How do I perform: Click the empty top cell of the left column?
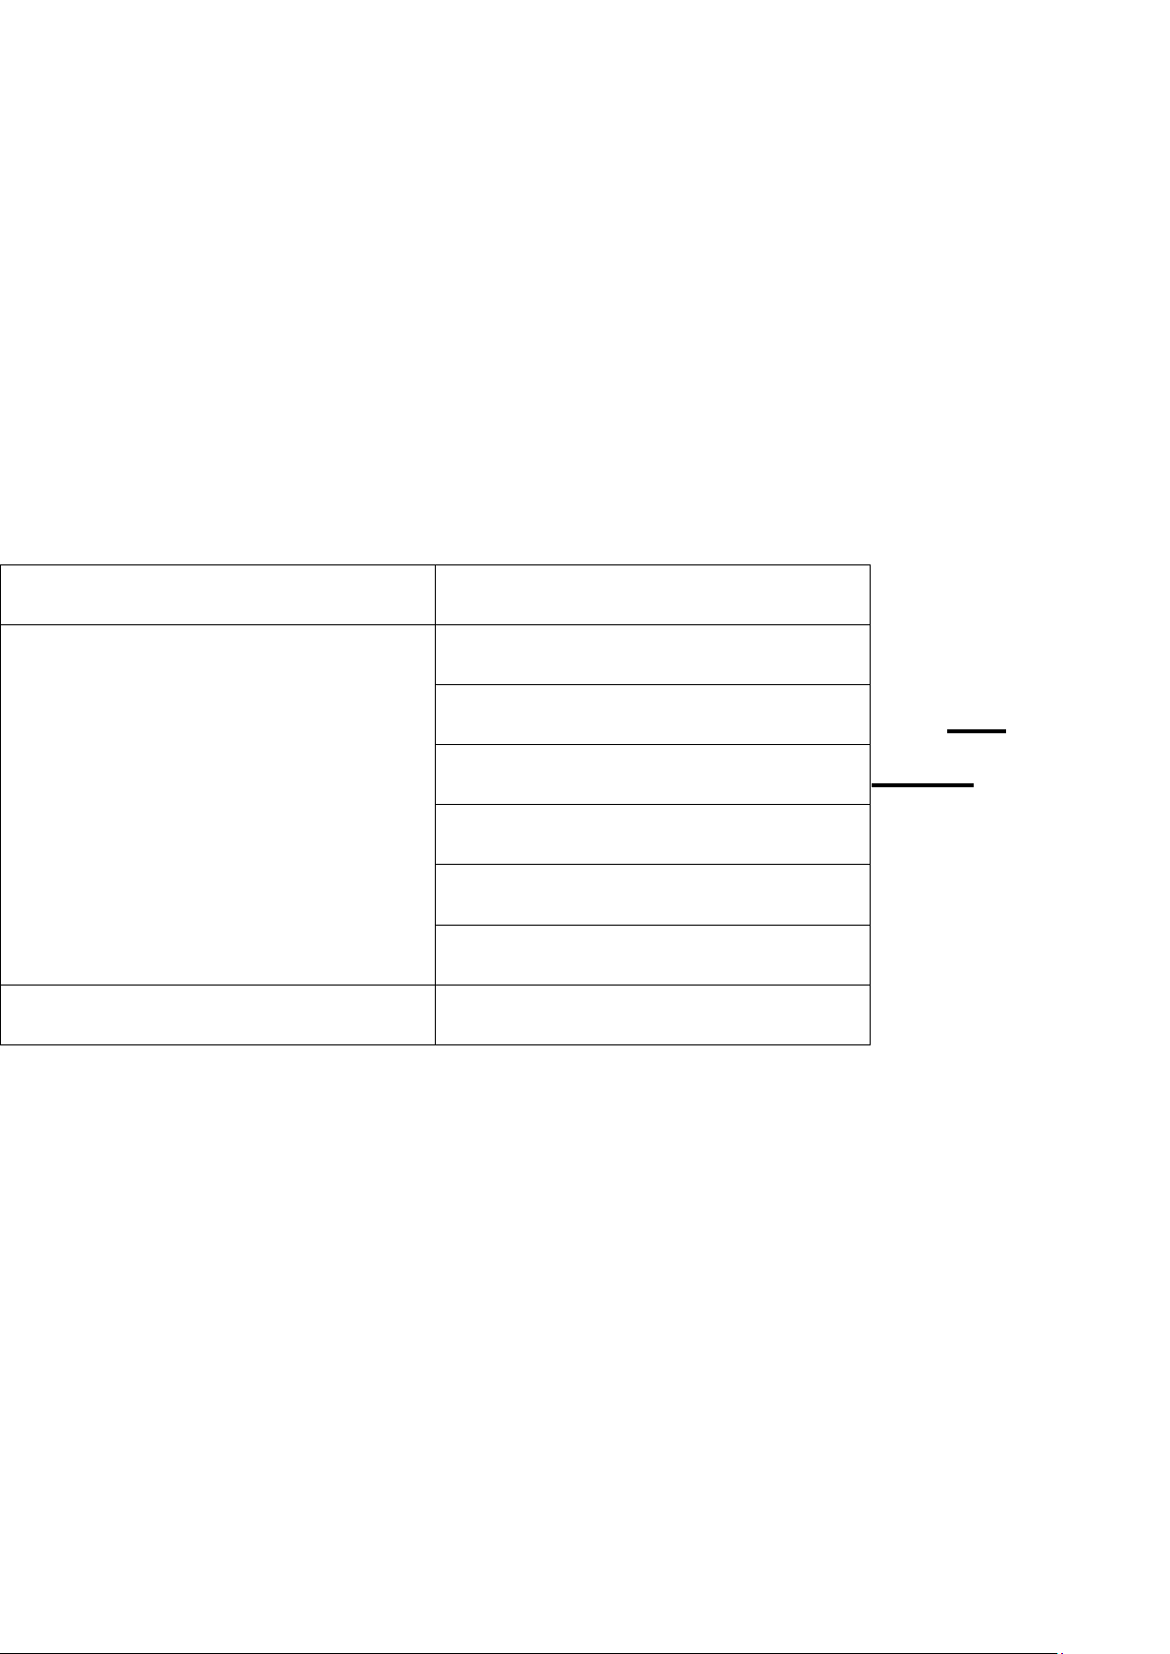[x=218, y=595]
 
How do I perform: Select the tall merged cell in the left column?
[x=218, y=804]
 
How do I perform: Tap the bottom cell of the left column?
[x=218, y=1014]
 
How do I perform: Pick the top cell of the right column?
[x=652, y=595]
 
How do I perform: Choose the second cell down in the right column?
[x=652, y=655]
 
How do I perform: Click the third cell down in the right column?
[x=652, y=715]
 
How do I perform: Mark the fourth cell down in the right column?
[x=652, y=774]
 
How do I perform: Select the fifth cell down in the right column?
[x=652, y=834]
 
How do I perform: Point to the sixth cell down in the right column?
[x=652, y=894]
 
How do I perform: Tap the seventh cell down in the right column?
[x=652, y=954]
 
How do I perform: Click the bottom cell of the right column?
[x=652, y=1014]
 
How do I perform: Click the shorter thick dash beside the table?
[x=977, y=731]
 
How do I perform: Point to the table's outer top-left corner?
[x=1, y=564]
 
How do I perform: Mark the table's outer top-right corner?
[x=870, y=564]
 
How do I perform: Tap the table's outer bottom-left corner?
[x=1, y=1044]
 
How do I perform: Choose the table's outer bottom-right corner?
[x=870, y=1044]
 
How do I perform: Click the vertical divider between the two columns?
[x=435, y=804]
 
